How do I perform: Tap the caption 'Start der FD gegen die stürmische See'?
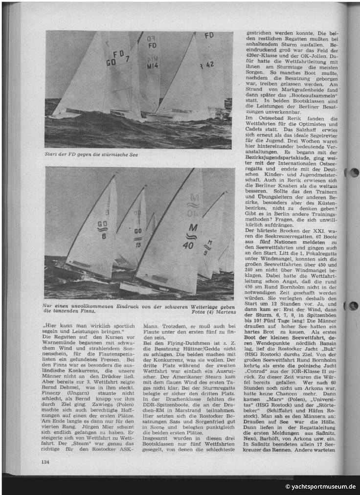[91, 155]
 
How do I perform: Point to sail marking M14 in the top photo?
[152, 66]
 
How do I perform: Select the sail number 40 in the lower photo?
[188, 246]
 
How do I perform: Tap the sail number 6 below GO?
[104, 235]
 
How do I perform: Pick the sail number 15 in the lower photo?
[138, 245]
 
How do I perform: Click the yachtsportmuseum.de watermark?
[320, 486]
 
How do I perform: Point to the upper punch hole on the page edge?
[353, 172]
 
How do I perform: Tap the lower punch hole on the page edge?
[353, 306]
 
